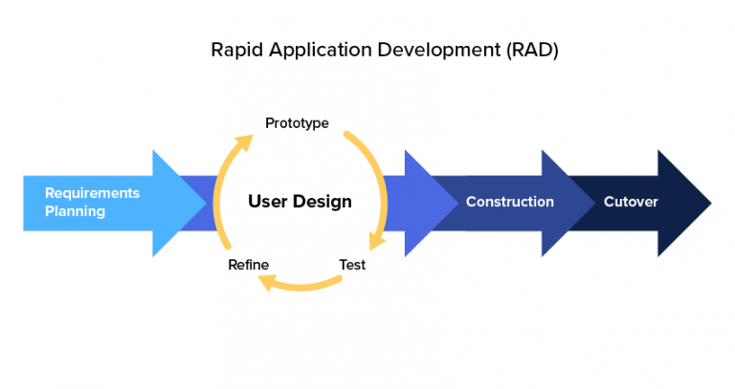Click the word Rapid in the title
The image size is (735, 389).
click(234, 51)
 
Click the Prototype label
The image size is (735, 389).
click(297, 123)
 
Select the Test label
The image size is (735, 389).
click(352, 265)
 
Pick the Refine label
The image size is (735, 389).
click(248, 265)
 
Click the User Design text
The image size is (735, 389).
click(300, 202)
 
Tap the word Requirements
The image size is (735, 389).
click(92, 193)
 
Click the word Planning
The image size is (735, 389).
click(75, 211)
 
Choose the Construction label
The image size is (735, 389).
click(509, 202)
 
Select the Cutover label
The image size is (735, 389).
click(631, 202)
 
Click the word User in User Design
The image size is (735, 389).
click(267, 202)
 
